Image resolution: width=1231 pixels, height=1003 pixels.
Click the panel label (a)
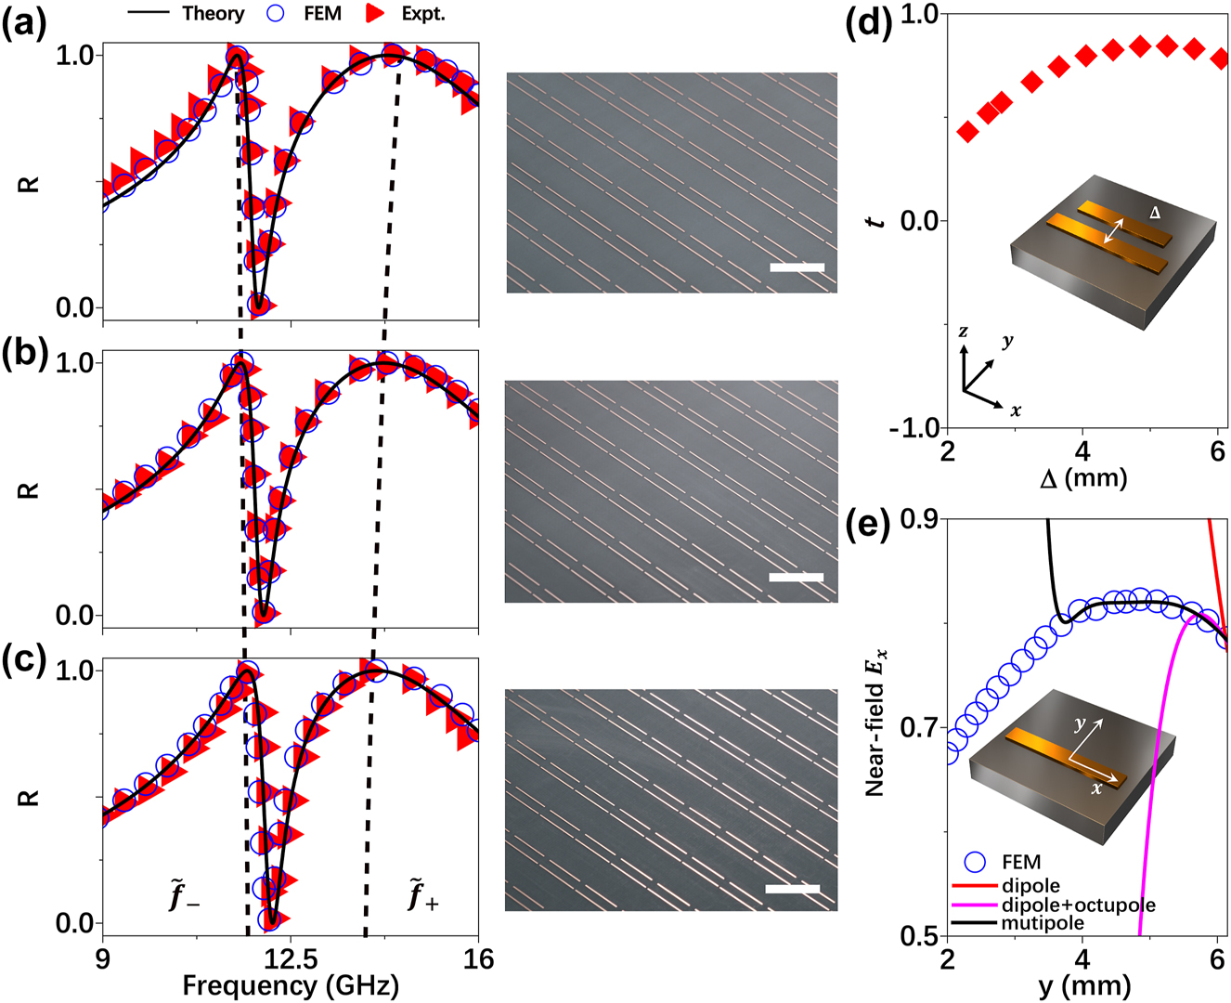tap(23, 20)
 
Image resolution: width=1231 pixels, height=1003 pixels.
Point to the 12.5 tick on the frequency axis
tap(291, 957)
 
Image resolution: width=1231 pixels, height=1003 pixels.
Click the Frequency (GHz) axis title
tap(291, 985)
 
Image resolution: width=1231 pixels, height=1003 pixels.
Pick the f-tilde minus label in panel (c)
tap(184, 898)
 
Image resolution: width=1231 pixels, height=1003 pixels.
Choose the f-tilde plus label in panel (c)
tap(421, 898)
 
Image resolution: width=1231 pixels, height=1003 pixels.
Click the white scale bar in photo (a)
tap(797, 267)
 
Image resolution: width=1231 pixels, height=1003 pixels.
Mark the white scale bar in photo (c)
tap(792, 889)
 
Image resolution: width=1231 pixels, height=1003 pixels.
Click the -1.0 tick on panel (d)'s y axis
tap(914, 428)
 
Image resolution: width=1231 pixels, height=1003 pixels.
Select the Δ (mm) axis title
tap(1083, 478)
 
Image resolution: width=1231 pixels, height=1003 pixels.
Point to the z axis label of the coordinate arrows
tap(965, 332)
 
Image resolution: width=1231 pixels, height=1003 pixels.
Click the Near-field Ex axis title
tap(875, 724)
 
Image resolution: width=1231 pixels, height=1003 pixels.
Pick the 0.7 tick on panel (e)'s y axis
tap(918, 727)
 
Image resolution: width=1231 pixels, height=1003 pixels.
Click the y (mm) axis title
tap(1083, 985)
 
